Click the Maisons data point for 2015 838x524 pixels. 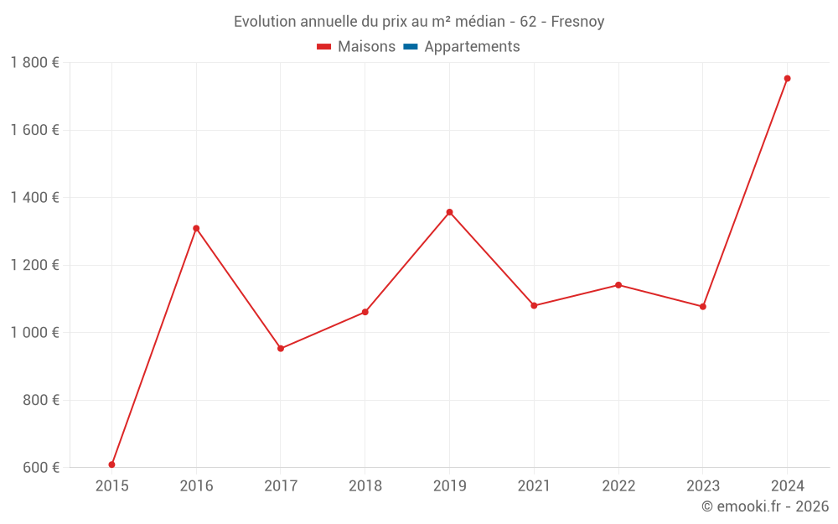point(111,464)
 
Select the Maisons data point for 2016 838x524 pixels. point(196,228)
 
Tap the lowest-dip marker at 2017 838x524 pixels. point(281,349)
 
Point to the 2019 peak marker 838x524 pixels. point(449,212)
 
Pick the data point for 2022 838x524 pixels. point(618,285)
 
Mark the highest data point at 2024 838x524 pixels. point(787,79)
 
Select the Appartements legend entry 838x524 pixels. point(472,47)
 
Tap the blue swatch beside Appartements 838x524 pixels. point(411,47)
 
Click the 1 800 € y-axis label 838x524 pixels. point(34,62)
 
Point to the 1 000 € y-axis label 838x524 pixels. point(34,332)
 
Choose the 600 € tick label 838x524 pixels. point(39,467)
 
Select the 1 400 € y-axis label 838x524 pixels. point(34,197)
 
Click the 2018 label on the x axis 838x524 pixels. point(365,485)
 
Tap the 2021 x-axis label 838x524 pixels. point(534,485)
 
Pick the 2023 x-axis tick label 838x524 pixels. point(702,485)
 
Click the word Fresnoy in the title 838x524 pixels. point(577,22)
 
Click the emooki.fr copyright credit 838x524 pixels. point(765,506)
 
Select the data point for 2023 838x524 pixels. point(702,307)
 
